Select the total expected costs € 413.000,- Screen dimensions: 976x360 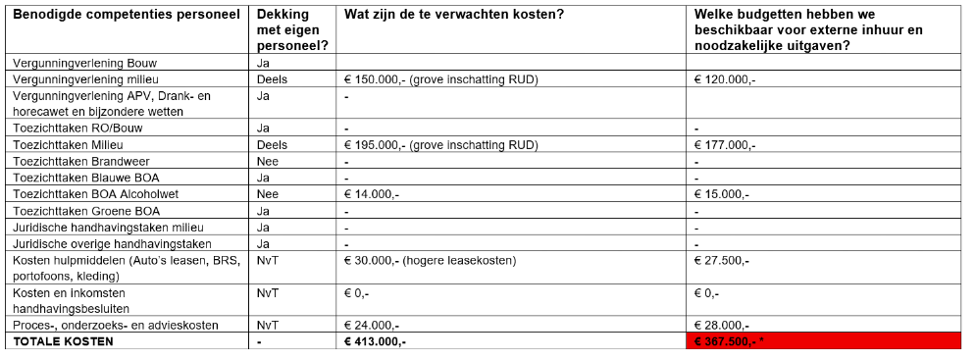[375, 341]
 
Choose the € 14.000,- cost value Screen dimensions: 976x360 [371, 194]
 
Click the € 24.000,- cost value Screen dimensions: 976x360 [371, 325]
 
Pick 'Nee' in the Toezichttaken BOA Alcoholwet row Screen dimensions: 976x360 [268, 194]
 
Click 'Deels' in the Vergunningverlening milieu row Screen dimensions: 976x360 [272, 77]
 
